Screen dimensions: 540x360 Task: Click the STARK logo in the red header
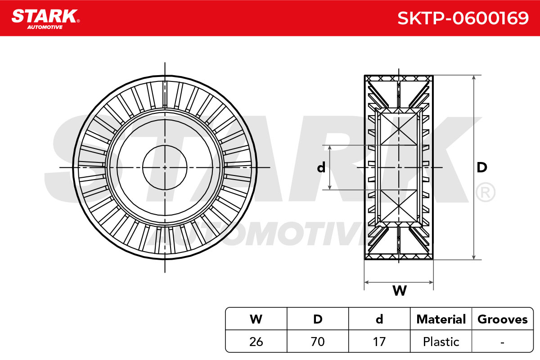click(x=45, y=16)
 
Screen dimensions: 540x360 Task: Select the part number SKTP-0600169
click(x=463, y=18)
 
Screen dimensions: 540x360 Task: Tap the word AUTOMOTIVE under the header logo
click(x=45, y=27)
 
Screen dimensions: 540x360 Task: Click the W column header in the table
click(x=256, y=319)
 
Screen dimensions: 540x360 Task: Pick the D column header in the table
click(x=318, y=319)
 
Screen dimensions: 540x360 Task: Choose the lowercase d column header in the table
click(x=379, y=319)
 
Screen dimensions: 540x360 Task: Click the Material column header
click(x=441, y=319)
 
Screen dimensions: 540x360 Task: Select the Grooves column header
click(x=503, y=319)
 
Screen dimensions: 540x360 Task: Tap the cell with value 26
click(x=256, y=342)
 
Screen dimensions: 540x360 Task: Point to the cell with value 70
click(x=318, y=342)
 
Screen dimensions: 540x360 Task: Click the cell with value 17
click(x=379, y=342)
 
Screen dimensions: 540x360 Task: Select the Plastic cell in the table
click(x=441, y=342)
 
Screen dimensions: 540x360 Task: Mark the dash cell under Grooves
click(x=503, y=342)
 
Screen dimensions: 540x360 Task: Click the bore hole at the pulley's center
click(x=165, y=167)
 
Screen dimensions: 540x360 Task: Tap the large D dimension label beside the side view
click(x=482, y=167)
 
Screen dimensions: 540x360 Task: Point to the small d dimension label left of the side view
click(x=321, y=167)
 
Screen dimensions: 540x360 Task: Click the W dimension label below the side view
click(x=400, y=290)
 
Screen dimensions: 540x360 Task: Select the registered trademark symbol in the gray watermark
click(x=485, y=193)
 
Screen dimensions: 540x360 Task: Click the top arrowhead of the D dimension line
click(x=474, y=77)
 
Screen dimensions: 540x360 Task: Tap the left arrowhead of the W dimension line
click(x=366, y=282)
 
